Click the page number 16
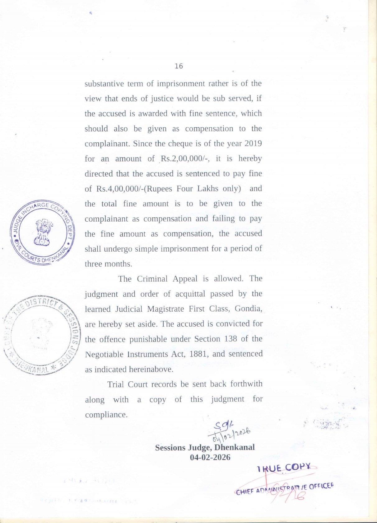click(x=179, y=66)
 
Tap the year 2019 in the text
click(x=253, y=144)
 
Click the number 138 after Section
click(x=230, y=339)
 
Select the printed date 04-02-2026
click(x=210, y=457)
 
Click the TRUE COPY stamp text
click(x=284, y=468)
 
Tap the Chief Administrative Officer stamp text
click(x=285, y=488)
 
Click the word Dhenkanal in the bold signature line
click(x=234, y=448)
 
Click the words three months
click(x=108, y=264)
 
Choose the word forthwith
click(x=246, y=384)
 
